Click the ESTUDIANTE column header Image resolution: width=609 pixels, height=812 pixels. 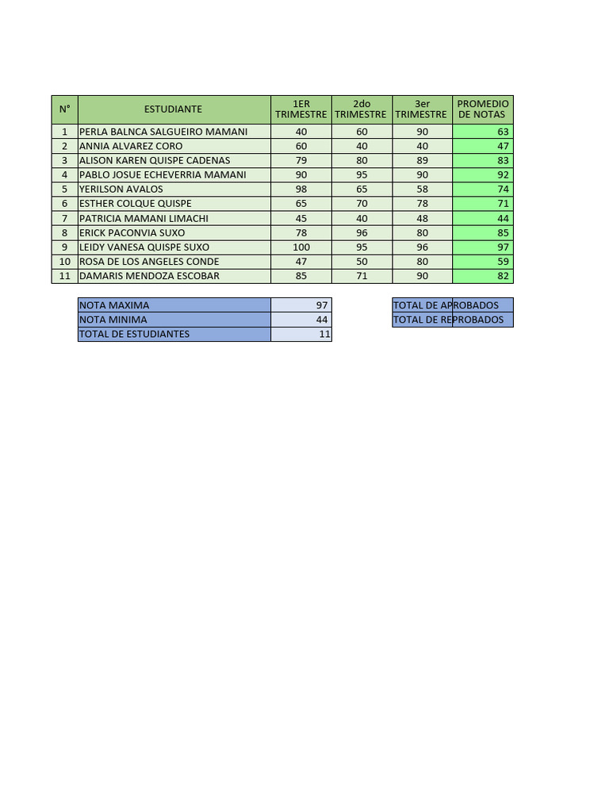(173, 109)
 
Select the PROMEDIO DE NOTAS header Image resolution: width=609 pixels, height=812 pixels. (483, 109)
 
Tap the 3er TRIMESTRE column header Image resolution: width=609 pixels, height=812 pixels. (422, 109)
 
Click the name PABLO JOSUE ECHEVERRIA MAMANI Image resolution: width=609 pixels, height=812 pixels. (163, 174)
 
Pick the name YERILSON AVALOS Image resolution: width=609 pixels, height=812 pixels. (121, 189)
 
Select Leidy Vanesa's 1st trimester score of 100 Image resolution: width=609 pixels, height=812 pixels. (301, 247)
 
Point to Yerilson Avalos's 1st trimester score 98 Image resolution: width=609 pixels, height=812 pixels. (301, 189)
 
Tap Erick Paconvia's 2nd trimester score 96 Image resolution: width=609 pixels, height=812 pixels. (362, 232)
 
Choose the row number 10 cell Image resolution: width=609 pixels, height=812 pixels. (64, 261)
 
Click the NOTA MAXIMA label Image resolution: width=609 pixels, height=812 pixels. (114, 305)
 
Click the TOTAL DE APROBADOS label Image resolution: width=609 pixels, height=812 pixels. (446, 305)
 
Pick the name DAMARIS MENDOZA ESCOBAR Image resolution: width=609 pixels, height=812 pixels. (149, 276)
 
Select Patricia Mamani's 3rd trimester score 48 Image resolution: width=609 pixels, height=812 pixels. (422, 218)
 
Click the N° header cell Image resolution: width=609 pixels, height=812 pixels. (64, 109)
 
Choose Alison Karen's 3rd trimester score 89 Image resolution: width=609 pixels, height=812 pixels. (422, 160)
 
